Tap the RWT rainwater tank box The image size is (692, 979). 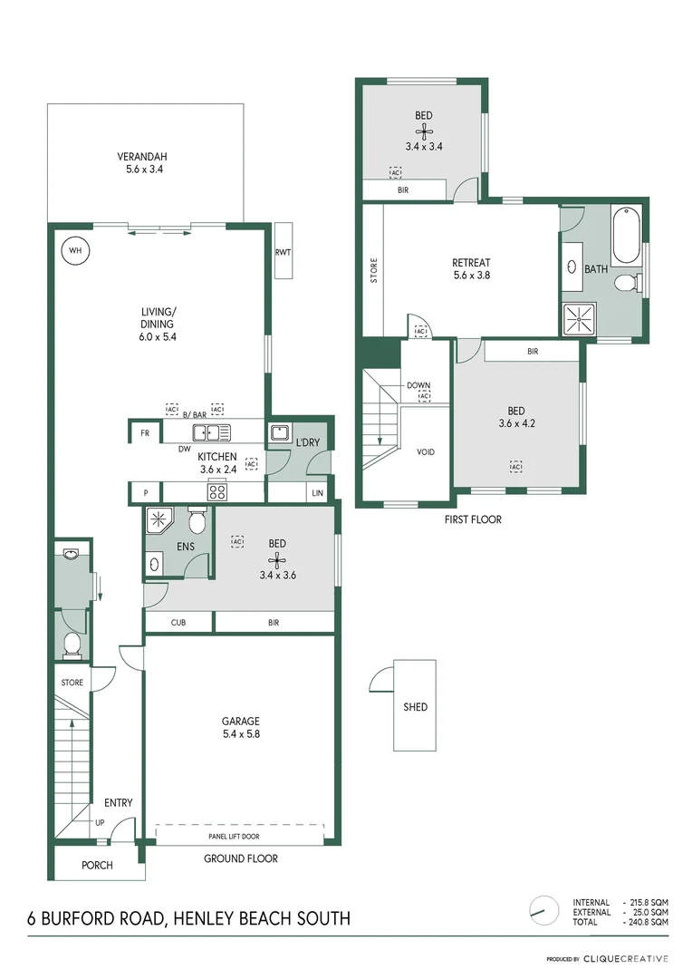282,253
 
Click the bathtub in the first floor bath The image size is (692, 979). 626,236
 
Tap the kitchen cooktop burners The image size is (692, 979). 217,492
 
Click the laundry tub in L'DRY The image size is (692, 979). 279,433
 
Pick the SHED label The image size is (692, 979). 415,707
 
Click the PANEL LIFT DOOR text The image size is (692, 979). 239,837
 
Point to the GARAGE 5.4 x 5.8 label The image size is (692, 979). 240,728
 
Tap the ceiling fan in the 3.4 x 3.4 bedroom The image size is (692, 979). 423,131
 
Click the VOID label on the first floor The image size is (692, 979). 426,451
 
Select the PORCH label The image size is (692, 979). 97,866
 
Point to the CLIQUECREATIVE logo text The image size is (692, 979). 626,958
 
